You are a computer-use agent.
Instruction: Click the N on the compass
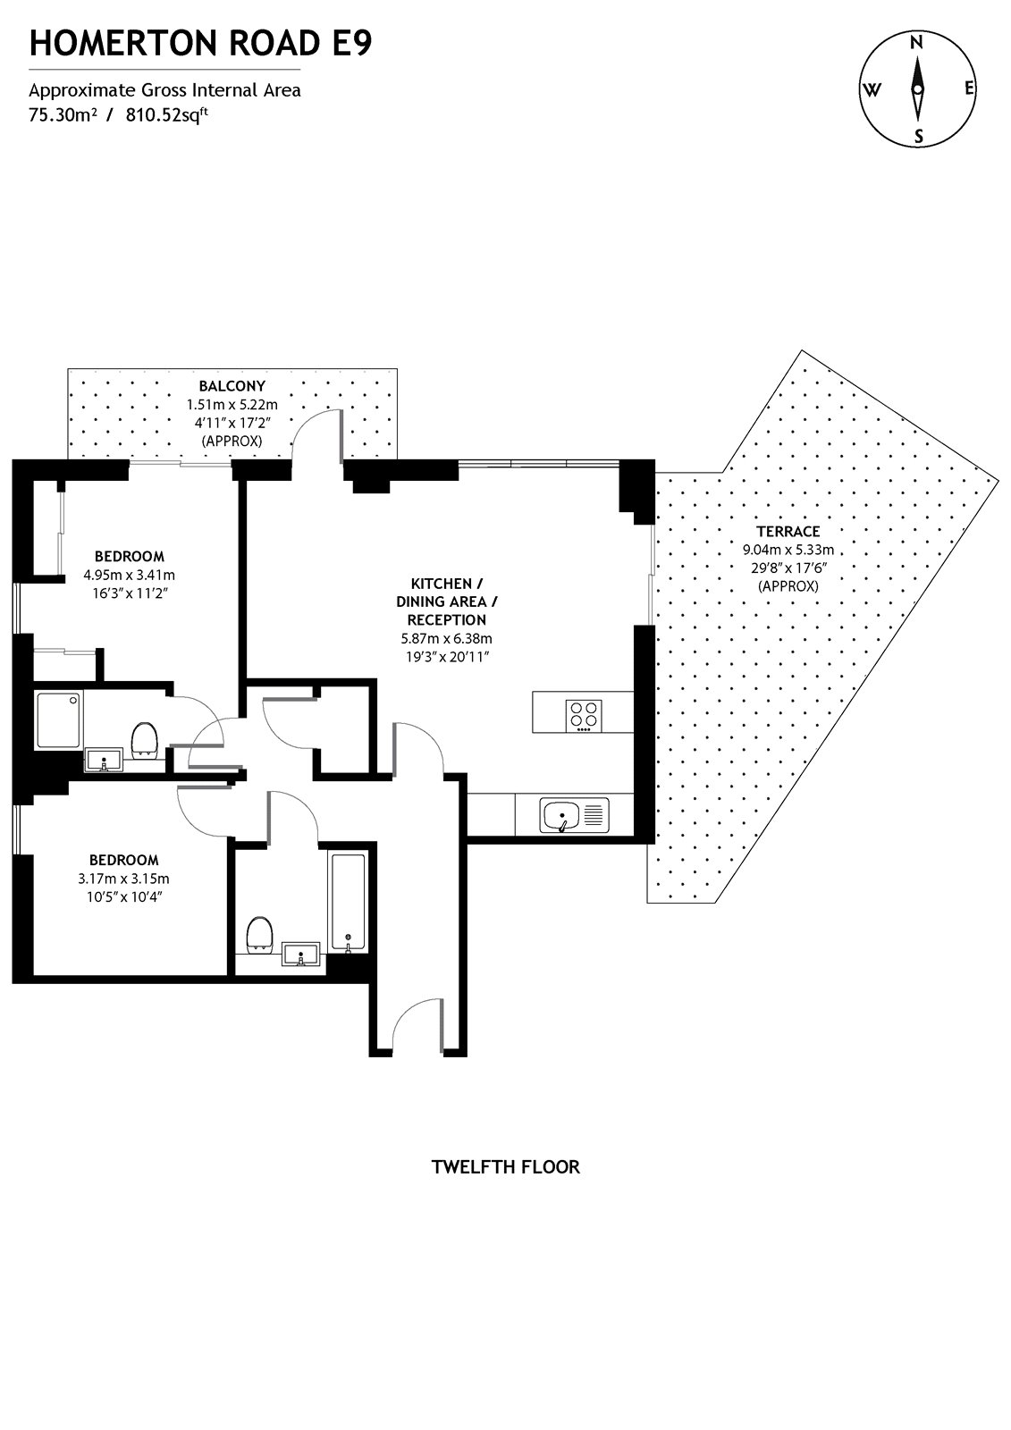click(x=916, y=42)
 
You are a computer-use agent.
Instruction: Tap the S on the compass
click(x=917, y=137)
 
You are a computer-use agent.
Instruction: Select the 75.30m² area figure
click(x=63, y=114)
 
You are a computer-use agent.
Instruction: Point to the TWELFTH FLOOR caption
click(x=505, y=1166)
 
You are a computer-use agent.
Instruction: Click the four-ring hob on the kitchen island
click(x=585, y=713)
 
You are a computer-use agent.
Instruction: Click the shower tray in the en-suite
click(x=58, y=719)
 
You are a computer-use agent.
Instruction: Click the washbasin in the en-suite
click(x=106, y=761)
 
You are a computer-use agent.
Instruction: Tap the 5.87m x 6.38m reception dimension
click(x=446, y=638)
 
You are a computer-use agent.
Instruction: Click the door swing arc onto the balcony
click(x=315, y=429)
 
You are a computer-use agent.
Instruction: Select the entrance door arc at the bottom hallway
click(x=417, y=1019)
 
